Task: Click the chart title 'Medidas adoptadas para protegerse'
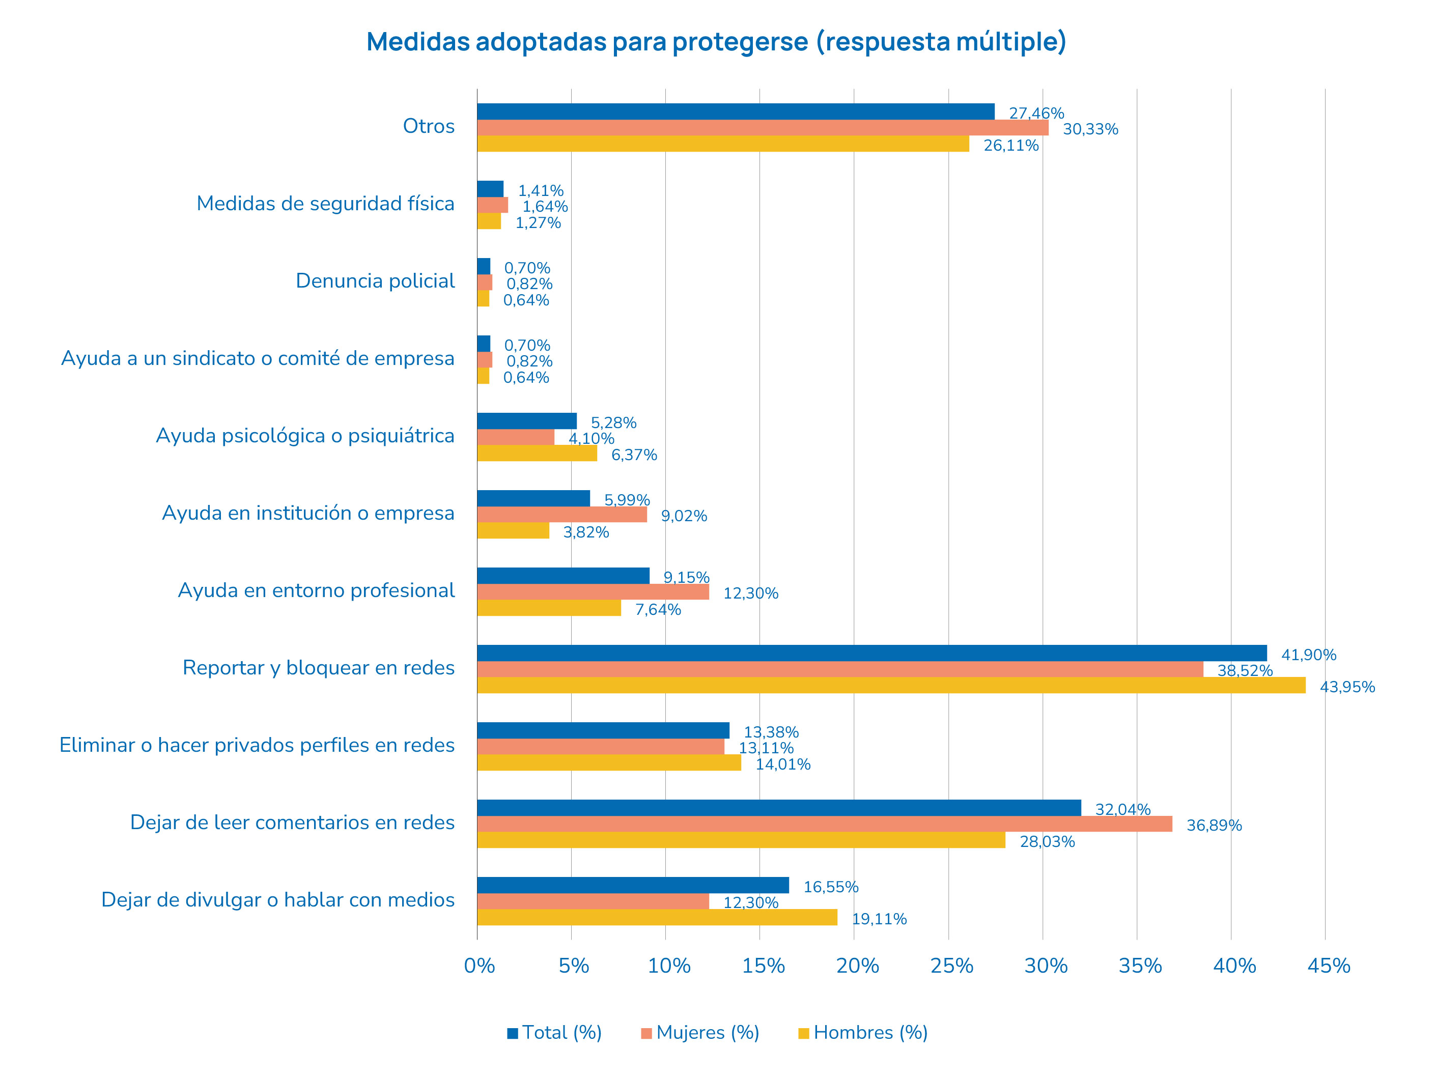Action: (716, 42)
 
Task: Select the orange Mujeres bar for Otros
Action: (762, 128)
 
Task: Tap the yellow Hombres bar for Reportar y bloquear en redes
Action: (891, 685)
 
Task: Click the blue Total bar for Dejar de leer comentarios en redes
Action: (778, 808)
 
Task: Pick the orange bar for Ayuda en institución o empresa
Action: (562, 515)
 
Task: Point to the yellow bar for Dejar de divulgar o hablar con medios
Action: (657, 917)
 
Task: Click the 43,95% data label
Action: (1347, 687)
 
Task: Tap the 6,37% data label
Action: (634, 456)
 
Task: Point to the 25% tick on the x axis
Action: (952, 966)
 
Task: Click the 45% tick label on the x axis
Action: (1329, 966)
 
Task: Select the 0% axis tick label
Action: (480, 966)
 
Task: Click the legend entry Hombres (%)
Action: (870, 1032)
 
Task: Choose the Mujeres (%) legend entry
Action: (707, 1032)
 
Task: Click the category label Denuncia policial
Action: (375, 281)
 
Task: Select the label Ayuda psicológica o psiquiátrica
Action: (305, 435)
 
